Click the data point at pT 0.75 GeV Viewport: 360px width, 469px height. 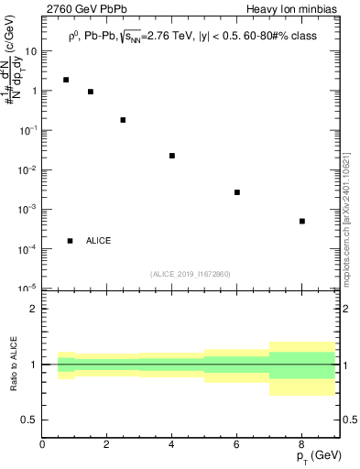pyautogui.click(x=66, y=80)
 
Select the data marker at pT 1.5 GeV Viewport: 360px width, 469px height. pyautogui.click(x=91, y=92)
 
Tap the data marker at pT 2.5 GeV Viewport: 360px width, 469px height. pyautogui.click(x=123, y=120)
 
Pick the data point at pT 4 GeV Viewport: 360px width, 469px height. pyautogui.click(x=172, y=156)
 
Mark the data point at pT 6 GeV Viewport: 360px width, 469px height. pyautogui.click(x=237, y=192)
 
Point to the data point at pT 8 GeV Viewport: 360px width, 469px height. pyautogui.click(x=301, y=221)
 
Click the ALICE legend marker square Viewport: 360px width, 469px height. pyautogui.click(x=71, y=241)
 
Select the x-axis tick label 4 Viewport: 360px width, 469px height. pyautogui.click(x=172, y=444)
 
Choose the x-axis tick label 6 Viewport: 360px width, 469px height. pyautogui.click(x=237, y=444)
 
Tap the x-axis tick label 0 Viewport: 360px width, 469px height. pyautogui.click(x=43, y=444)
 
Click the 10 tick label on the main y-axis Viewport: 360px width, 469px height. pyautogui.click(x=30, y=51)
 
